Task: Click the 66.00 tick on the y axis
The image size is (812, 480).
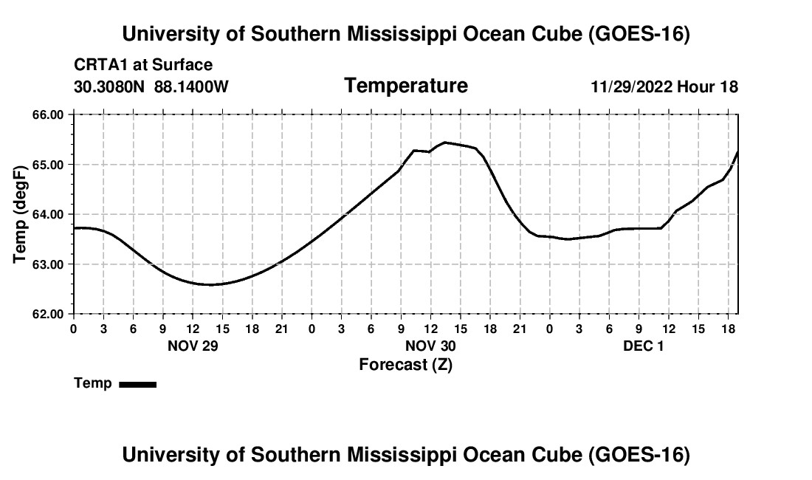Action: click(48, 114)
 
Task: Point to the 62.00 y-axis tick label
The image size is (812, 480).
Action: click(48, 314)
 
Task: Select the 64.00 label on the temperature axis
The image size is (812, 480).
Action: click(48, 214)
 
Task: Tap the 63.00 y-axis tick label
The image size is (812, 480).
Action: click(48, 264)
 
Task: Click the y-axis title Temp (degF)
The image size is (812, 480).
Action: click(20, 214)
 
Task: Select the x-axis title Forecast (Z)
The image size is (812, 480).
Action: click(406, 365)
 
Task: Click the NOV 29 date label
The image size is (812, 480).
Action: click(193, 346)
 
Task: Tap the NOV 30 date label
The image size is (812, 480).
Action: click(430, 346)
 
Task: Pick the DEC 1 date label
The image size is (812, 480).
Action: click(643, 346)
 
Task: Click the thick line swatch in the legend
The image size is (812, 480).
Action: click(138, 384)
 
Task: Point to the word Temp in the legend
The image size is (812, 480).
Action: click(93, 383)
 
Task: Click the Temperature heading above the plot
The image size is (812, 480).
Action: click(406, 86)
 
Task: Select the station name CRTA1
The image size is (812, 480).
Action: click(102, 65)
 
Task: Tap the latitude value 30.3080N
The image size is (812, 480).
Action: click(109, 86)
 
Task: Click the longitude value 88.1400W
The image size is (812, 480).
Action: click(191, 86)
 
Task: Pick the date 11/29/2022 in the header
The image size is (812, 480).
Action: click(632, 86)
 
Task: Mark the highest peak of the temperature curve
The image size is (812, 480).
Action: click(445, 143)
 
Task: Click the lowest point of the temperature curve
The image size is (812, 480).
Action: click(209, 284)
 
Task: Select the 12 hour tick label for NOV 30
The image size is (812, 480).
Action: click(430, 329)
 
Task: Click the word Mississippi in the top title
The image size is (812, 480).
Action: click(402, 34)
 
